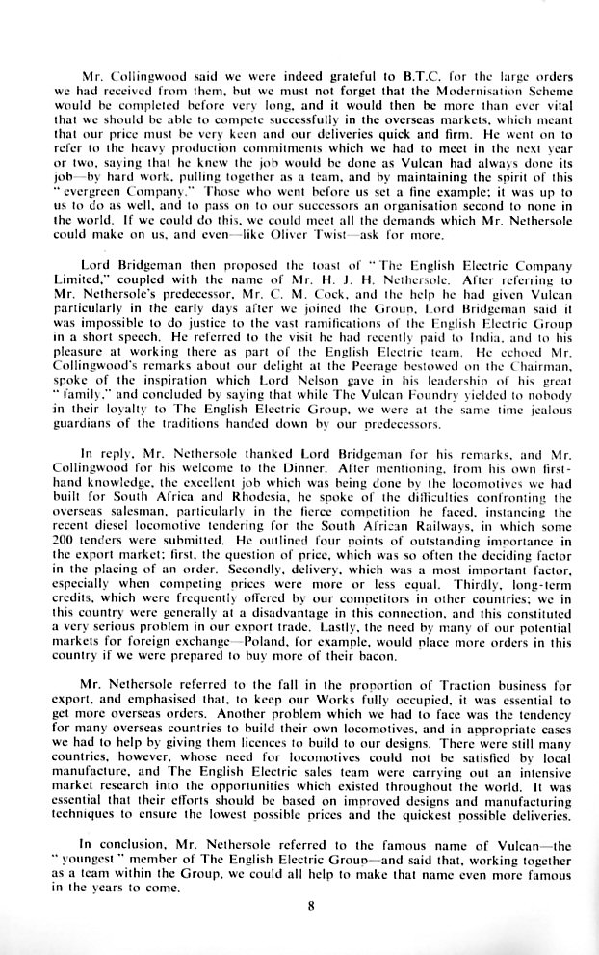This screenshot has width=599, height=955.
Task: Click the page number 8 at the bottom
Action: coord(299,904)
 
